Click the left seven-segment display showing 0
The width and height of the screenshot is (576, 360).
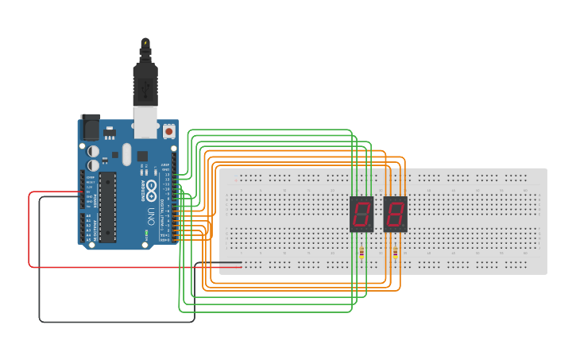(x=361, y=214)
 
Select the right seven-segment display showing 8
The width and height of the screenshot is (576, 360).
(x=395, y=214)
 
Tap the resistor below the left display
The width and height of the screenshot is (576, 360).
(x=362, y=254)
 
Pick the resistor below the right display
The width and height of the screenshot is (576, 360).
(x=396, y=254)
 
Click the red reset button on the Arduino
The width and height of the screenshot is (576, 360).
(x=169, y=130)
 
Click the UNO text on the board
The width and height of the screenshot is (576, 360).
(x=150, y=215)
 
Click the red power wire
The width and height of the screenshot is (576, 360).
(x=30, y=238)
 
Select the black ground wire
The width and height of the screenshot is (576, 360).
(x=40, y=270)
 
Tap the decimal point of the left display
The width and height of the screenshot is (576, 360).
(x=369, y=226)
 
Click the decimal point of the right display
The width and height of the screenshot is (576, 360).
(x=403, y=226)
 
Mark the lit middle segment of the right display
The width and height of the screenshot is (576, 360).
(x=395, y=214)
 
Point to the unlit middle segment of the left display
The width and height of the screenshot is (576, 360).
(x=361, y=214)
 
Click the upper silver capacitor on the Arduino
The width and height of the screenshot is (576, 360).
(x=94, y=149)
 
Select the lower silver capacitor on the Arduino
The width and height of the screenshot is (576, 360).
(x=94, y=165)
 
